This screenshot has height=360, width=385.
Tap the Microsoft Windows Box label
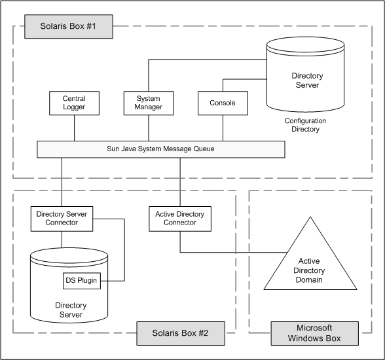click(314, 333)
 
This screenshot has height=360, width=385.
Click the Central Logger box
click(74, 103)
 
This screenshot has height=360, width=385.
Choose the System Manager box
click(148, 103)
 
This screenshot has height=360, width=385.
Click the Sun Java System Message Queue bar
click(160, 149)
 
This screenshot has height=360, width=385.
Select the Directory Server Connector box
click(62, 218)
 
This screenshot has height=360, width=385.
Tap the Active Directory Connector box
click(180, 218)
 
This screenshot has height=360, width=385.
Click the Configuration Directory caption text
click(305, 125)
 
